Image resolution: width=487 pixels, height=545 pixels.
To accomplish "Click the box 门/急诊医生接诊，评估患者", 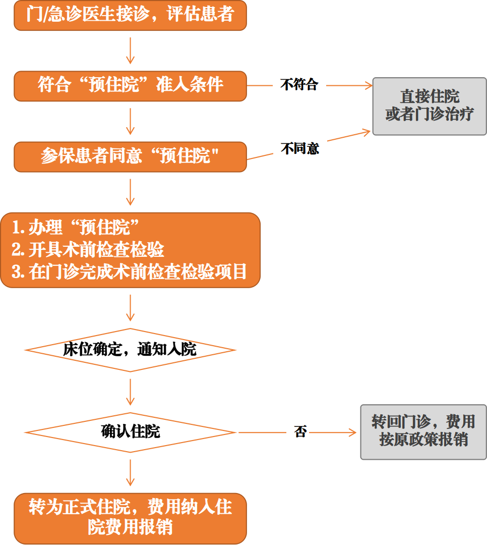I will point(130,15).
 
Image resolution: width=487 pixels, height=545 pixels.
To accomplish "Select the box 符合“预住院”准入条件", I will point(130,85).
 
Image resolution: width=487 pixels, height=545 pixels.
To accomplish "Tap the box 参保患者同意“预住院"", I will point(130,156).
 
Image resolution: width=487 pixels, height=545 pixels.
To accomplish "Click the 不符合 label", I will point(299,85).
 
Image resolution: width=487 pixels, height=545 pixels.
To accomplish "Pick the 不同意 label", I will point(300,149).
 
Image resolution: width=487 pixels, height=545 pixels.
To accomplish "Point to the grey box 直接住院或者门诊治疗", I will point(429,105).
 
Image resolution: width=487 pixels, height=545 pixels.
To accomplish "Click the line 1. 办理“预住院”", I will point(76,228).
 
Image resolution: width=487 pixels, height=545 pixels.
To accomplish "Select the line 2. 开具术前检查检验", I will point(88,250).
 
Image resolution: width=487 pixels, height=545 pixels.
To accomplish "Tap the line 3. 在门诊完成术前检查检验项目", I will point(129,272).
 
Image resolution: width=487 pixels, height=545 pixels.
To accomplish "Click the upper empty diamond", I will point(130,350).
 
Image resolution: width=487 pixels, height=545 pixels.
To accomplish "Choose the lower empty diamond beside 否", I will point(130,432).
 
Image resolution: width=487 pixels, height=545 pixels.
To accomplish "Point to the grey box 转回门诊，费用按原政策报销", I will point(423,431).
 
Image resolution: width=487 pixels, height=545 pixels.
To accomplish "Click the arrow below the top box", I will point(130,50).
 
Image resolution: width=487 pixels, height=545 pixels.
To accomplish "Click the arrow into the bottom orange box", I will point(130,473).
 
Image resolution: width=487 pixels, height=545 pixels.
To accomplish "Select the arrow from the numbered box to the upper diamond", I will point(130,308).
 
